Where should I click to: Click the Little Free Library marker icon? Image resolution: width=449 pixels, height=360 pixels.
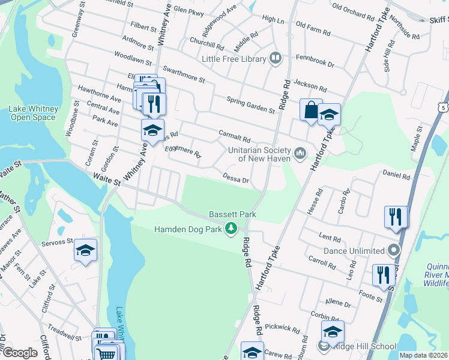[x=276, y=58]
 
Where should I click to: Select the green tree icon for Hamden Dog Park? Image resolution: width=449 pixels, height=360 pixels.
[x=230, y=229]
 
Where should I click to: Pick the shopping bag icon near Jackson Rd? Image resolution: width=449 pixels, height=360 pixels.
[x=311, y=110]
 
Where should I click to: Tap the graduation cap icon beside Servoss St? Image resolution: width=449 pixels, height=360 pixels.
[x=86, y=251]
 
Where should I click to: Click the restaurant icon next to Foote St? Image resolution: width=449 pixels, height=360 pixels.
[x=383, y=274]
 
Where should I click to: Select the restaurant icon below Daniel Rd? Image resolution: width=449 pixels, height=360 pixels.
[x=395, y=217]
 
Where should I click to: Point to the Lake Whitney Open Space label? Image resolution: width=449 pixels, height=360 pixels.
[x=34, y=113]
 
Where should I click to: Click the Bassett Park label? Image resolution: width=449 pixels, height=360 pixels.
[x=232, y=214]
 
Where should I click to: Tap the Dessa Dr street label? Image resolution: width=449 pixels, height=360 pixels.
[x=235, y=179]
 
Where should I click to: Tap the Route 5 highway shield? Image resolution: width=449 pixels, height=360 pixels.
[x=443, y=107]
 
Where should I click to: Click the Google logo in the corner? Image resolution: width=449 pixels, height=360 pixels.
[x=19, y=353]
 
